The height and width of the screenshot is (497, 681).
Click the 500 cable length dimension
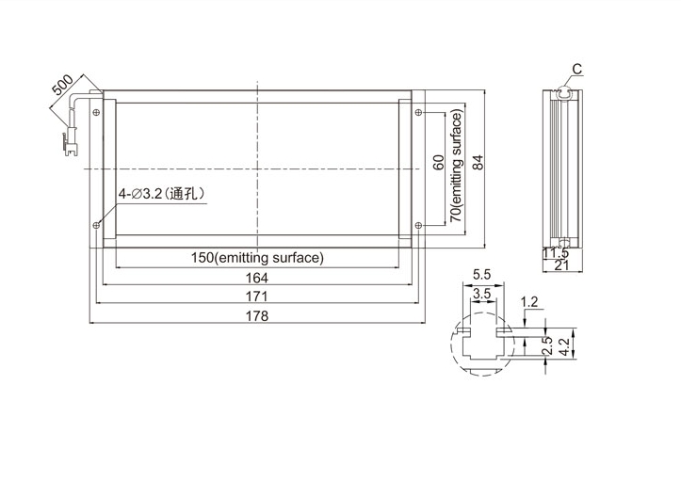pyautogui.click(x=62, y=85)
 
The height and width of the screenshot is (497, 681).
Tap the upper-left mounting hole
pyautogui.click(x=96, y=112)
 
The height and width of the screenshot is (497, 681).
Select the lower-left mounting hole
pyautogui.click(x=96, y=225)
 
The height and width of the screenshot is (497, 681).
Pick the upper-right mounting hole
pyautogui.click(x=418, y=112)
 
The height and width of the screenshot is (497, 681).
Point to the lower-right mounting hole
pyautogui.click(x=418, y=225)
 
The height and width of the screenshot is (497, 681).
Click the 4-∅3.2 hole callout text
pyautogui.click(x=162, y=194)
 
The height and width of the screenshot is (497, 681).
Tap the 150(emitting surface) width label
pyautogui.click(x=257, y=258)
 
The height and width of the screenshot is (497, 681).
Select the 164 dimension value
pyautogui.click(x=257, y=278)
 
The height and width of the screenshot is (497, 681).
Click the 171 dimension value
pyautogui.click(x=257, y=297)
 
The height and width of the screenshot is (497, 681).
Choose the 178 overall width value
pyautogui.click(x=257, y=315)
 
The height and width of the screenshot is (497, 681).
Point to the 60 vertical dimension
pyautogui.click(x=439, y=162)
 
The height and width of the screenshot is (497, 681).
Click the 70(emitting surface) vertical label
pyautogui.click(x=456, y=165)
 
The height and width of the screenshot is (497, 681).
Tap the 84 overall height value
pyautogui.click(x=477, y=162)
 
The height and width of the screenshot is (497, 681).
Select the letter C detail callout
pyautogui.click(x=576, y=69)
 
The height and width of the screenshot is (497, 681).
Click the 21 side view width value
pyautogui.click(x=561, y=265)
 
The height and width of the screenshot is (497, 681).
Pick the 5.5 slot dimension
pyautogui.click(x=481, y=274)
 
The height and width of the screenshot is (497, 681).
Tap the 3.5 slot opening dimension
pyautogui.click(x=481, y=294)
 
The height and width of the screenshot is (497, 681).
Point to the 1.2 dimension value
pyautogui.click(x=529, y=301)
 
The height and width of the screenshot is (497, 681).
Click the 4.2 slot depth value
pyautogui.click(x=564, y=346)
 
